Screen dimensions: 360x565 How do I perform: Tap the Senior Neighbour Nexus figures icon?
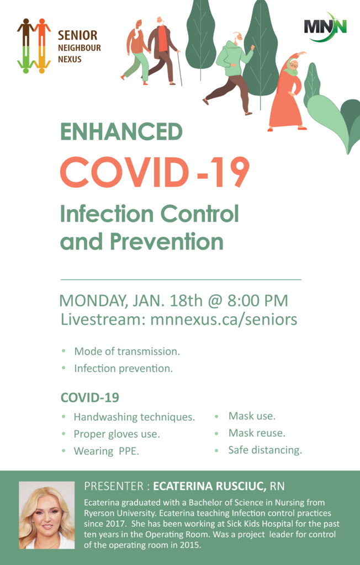[x=34, y=46]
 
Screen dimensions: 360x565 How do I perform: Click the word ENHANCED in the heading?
[x=121, y=131]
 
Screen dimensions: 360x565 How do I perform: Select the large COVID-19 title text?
[x=155, y=172]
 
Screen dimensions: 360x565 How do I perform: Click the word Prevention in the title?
[x=167, y=241]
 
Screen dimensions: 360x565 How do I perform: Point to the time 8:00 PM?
[x=257, y=301]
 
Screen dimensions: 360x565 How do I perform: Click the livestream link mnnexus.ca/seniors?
[x=224, y=319]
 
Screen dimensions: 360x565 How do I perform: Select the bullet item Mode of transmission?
[x=127, y=351]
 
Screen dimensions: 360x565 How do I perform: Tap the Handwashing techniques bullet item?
[x=134, y=417]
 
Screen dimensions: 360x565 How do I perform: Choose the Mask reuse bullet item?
[x=257, y=433]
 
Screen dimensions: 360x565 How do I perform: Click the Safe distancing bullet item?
[x=265, y=450]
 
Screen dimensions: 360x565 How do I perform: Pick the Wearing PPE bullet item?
[x=107, y=451]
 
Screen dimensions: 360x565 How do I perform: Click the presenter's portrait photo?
[x=47, y=515]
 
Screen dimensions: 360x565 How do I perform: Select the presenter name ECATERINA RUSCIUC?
[x=210, y=486]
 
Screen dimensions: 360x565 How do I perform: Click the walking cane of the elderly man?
[x=179, y=68]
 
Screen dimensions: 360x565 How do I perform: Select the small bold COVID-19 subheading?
[x=90, y=397]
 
